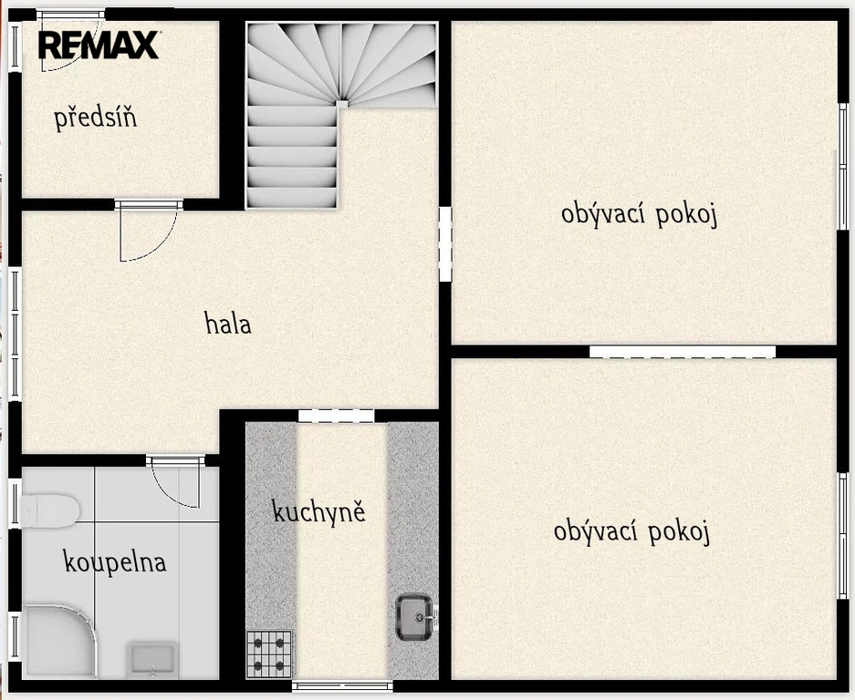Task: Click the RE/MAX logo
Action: point(99,45)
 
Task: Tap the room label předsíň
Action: point(96,118)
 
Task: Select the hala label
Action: point(228,323)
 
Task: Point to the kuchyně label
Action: point(318,511)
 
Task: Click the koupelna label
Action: point(115,561)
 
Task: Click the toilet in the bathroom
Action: point(49,510)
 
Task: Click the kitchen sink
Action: point(416,617)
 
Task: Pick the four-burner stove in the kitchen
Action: point(269,654)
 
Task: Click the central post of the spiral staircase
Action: point(342,104)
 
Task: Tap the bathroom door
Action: point(175,481)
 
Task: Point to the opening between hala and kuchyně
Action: point(336,416)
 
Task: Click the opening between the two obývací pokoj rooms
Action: point(683,351)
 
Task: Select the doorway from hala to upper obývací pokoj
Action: point(445,244)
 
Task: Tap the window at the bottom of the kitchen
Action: point(342,685)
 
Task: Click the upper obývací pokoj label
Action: point(639,214)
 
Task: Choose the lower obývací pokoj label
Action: point(631,531)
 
